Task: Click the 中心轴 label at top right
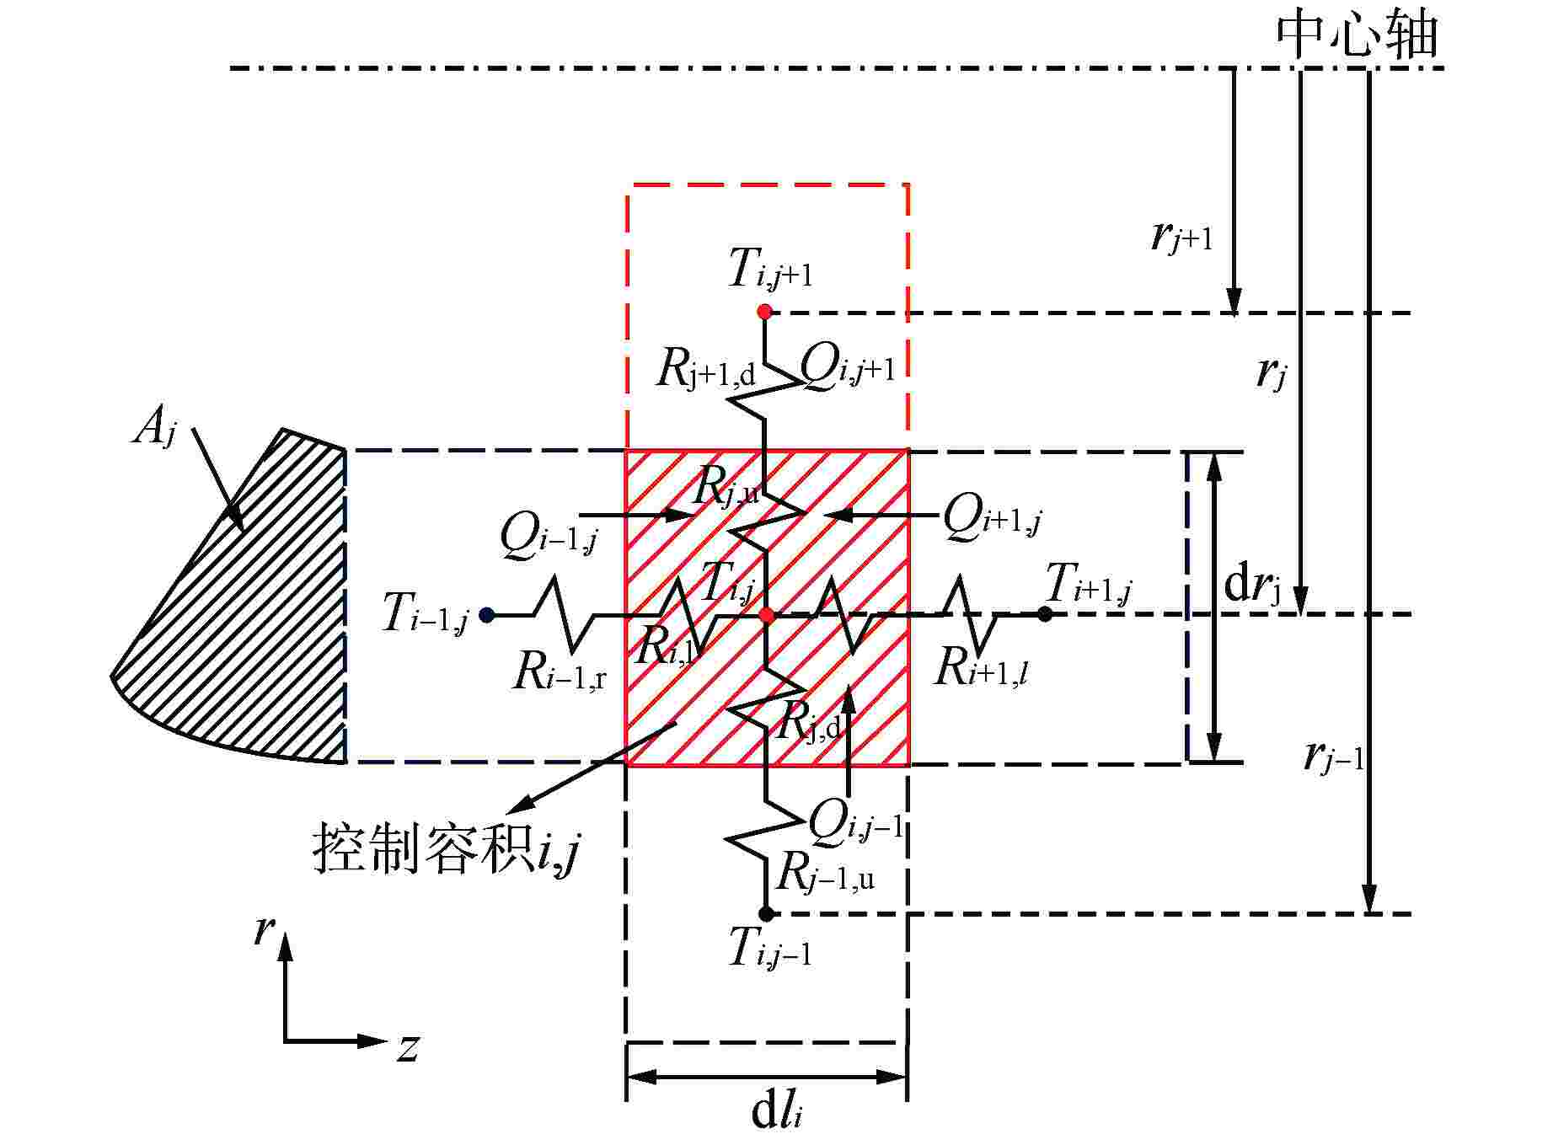pyautogui.click(x=1357, y=35)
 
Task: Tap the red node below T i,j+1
pyautogui.click(x=764, y=312)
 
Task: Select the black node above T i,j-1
pyautogui.click(x=766, y=913)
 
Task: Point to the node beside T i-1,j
pyautogui.click(x=486, y=615)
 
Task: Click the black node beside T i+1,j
pyautogui.click(x=1045, y=614)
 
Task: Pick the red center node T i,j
pyautogui.click(x=767, y=615)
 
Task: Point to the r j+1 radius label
pyautogui.click(x=1181, y=238)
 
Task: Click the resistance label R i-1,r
pyautogui.click(x=559, y=672)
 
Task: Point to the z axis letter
pyautogui.click(x=408, y=1048)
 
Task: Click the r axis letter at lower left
pyautogui.click(x=265, y=931)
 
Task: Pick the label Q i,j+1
pyautogui.click(x=846, y=367)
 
